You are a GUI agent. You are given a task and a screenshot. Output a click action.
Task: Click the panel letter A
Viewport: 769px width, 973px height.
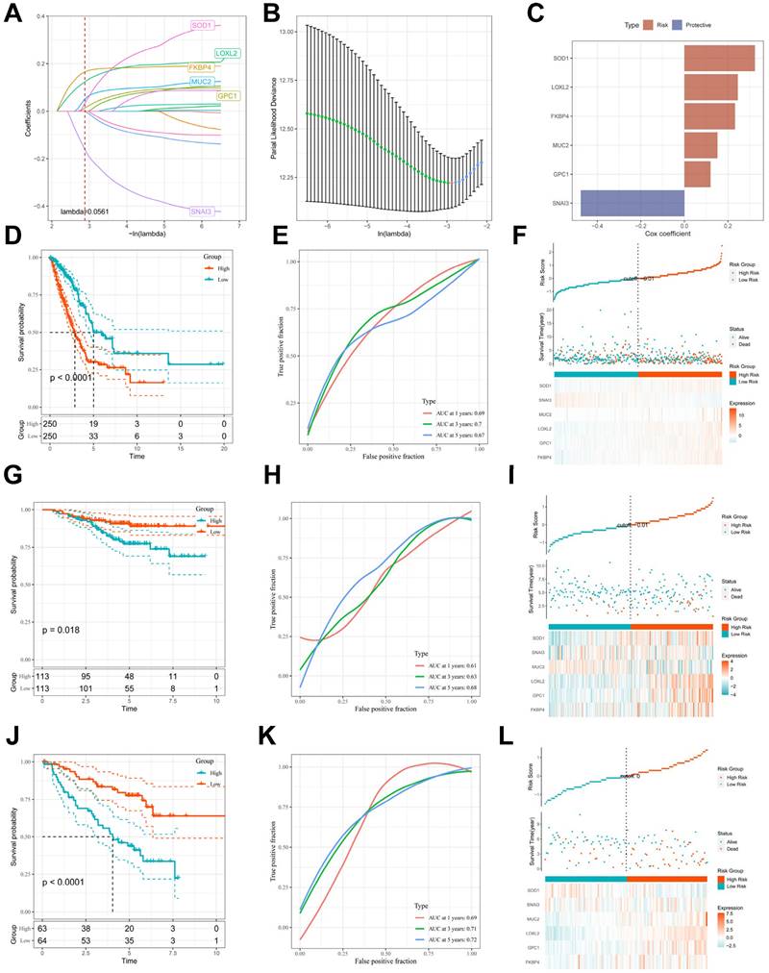(13, 13)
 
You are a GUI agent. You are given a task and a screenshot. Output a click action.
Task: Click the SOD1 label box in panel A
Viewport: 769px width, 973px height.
(202, 25)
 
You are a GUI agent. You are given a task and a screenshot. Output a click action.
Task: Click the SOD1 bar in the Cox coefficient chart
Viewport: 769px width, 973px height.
(719, 72)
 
